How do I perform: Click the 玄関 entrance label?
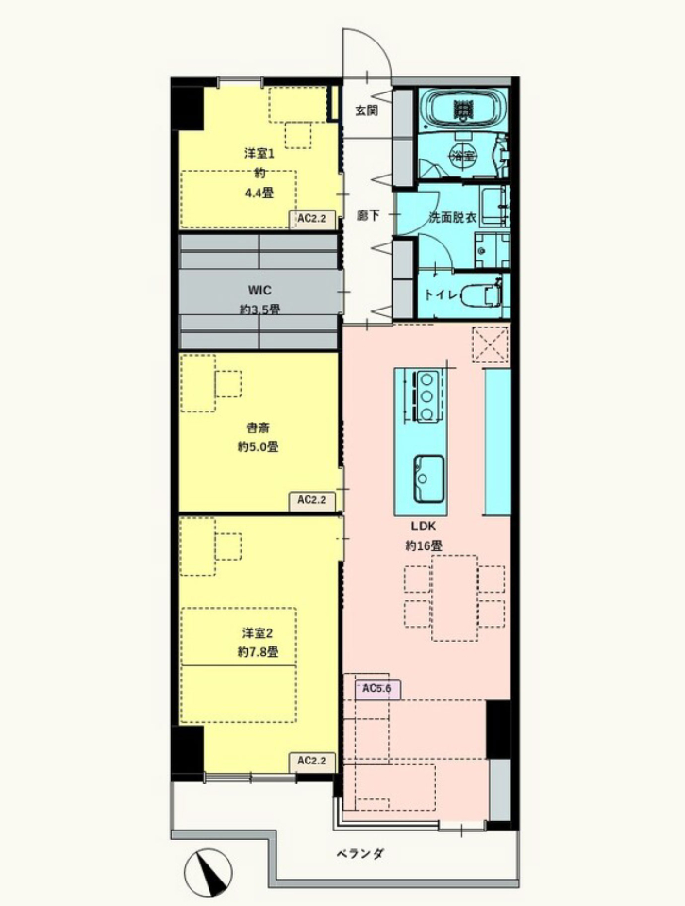point(367,109)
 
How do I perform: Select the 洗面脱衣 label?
point(452,217)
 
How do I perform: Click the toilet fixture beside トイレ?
point(482,294)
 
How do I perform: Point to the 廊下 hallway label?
point(368,215)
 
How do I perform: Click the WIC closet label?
point(259,290)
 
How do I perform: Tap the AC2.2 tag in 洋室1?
point(312,219)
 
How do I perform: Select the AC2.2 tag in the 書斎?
point(312,500)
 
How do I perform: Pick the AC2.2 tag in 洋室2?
point(312,761)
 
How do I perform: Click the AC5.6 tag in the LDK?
point(377,689)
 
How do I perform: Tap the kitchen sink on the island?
point(428,479)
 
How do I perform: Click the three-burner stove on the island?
point(426,396)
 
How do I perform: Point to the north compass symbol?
point(208,872)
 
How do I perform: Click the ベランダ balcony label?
point(360,853)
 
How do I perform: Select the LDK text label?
point(424,527)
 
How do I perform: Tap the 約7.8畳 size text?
point(259,652)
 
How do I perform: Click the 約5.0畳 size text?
point(259,446)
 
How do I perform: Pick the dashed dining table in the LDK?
point(455,598)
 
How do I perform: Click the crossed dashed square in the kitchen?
point(491,345)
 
